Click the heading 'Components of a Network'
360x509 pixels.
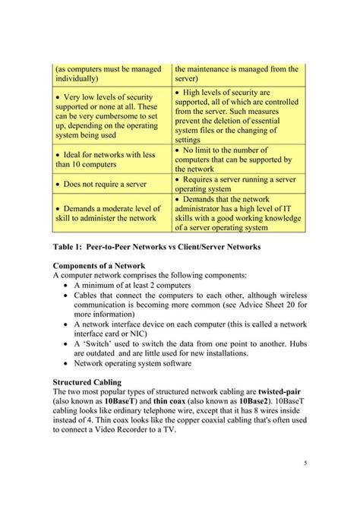99,265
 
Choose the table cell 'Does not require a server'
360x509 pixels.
104,184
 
